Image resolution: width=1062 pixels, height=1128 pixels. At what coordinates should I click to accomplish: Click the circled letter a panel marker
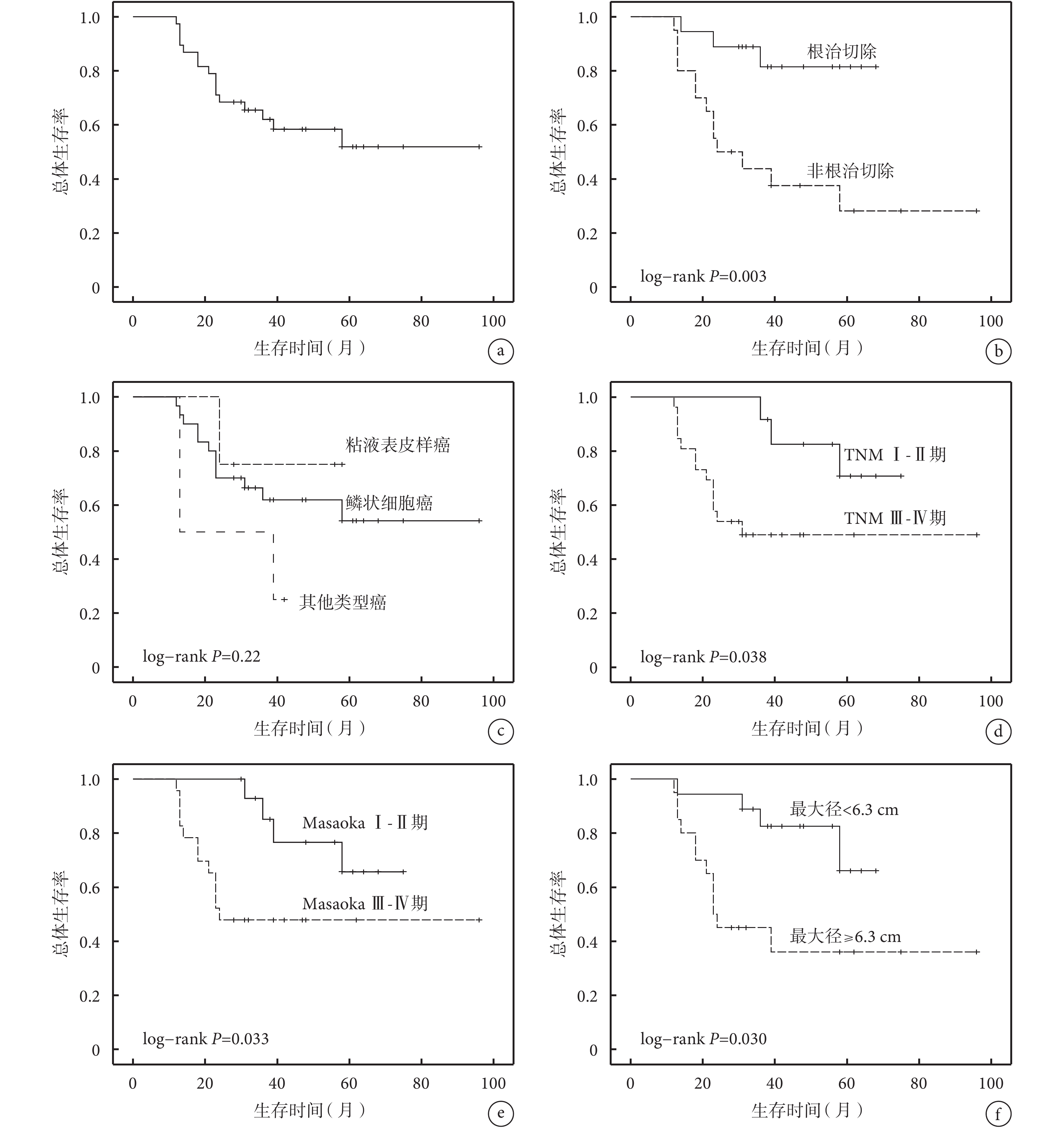click(x=500, y=351)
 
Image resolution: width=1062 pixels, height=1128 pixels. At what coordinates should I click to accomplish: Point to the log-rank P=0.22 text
click(x=202, y=657)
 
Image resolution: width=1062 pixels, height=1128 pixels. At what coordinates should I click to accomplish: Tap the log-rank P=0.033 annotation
click(x=205, y=1039)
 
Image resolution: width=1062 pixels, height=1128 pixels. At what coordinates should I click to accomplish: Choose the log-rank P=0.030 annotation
click(x=703, y=1039)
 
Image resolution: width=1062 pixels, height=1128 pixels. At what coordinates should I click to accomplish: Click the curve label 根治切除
click(x=842, y=52)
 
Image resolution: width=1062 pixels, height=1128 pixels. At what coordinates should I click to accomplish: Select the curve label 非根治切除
click(x=850, y=171)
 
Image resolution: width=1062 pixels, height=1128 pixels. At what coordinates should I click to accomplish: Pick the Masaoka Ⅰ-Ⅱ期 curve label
click(x=365, y=823)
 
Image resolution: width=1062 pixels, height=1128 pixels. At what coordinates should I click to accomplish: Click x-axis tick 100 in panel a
click(x=493, y=321)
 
